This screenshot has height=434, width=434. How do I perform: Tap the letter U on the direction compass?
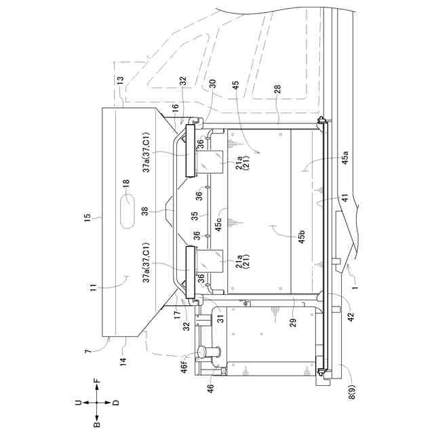(77, 402)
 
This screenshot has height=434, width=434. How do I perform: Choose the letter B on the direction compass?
(96, 422)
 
